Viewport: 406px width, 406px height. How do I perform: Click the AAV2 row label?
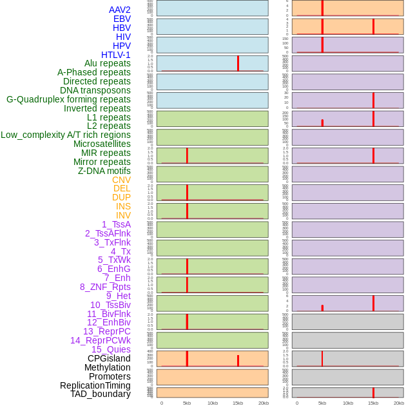[x=119, y=10]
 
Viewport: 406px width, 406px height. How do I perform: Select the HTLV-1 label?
[x=115, y=55]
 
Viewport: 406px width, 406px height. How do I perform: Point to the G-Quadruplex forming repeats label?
[x=68, y=99]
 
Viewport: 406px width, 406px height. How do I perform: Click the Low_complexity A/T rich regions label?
[x=65, y=135]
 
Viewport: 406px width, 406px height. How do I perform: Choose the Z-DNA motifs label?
[x=104, y=171]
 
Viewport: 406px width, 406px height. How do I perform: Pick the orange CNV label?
[x=121, y=180]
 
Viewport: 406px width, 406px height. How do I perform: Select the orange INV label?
[x=122, y=215]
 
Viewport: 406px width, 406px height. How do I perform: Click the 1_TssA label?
[x=116, y=224]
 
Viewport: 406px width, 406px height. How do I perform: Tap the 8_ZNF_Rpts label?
[x=105, y=287]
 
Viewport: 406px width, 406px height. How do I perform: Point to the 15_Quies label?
[x=110, y=349]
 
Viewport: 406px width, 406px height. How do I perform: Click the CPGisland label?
[x=109, y=358]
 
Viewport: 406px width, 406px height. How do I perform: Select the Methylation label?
[x=107, y=367]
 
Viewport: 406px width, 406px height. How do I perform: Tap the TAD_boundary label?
[x=100, y=394]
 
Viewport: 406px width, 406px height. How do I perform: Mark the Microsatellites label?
[x=101, y=144]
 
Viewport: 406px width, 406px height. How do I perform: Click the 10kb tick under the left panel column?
[x=212, y=403]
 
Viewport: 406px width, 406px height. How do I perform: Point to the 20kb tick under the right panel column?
[x=399, y=403]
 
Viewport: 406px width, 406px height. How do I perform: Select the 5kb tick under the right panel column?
[x=322, y=403]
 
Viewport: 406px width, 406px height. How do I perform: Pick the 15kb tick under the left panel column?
[x=238, y=403]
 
